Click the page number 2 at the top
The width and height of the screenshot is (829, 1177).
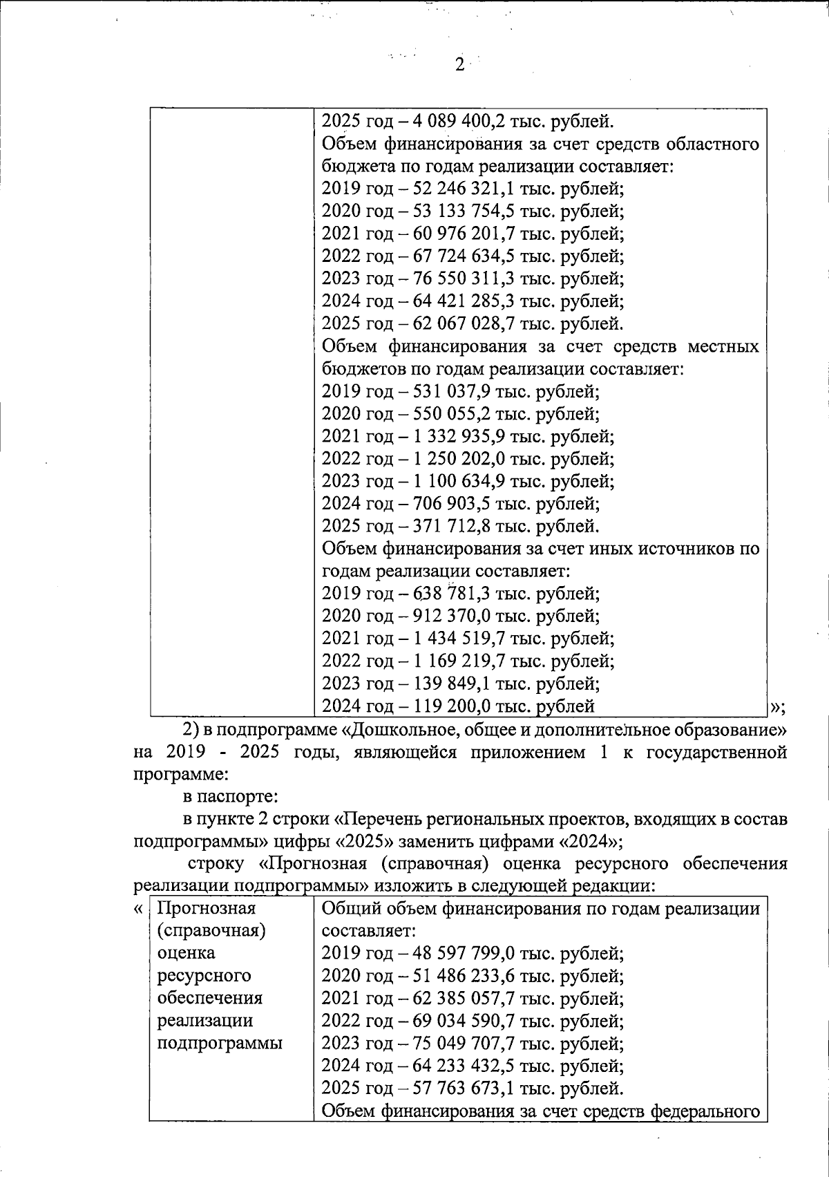coord(459,65)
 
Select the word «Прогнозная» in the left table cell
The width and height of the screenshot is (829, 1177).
coord(207,908)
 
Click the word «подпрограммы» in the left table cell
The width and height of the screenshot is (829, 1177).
coord(220,1043)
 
